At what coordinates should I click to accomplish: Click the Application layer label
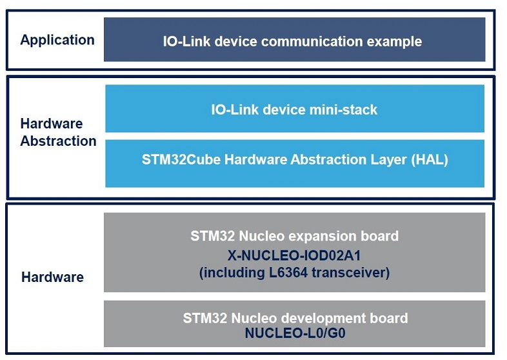pos(57,40)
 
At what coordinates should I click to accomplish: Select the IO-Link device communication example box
pos(295,39)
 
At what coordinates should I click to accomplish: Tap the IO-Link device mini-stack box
pos(295,108)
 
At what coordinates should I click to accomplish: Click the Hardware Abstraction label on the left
pos(58,132)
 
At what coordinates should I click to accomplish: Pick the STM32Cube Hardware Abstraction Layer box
pos(295,163)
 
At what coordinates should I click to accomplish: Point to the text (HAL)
pos(430,159)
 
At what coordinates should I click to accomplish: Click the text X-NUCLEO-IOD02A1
pos(294,255)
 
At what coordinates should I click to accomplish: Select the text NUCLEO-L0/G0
pos(295,333)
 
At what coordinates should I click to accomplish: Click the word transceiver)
pos(350,273)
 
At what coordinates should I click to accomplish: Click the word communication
pos(312,41)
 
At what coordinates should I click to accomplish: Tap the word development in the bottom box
pos(326,319)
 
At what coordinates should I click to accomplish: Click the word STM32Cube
pos(181,159)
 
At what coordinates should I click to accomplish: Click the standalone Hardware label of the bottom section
pos(52,277)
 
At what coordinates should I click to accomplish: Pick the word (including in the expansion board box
pos(232,273)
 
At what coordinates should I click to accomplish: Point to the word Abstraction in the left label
pos(58,141)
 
